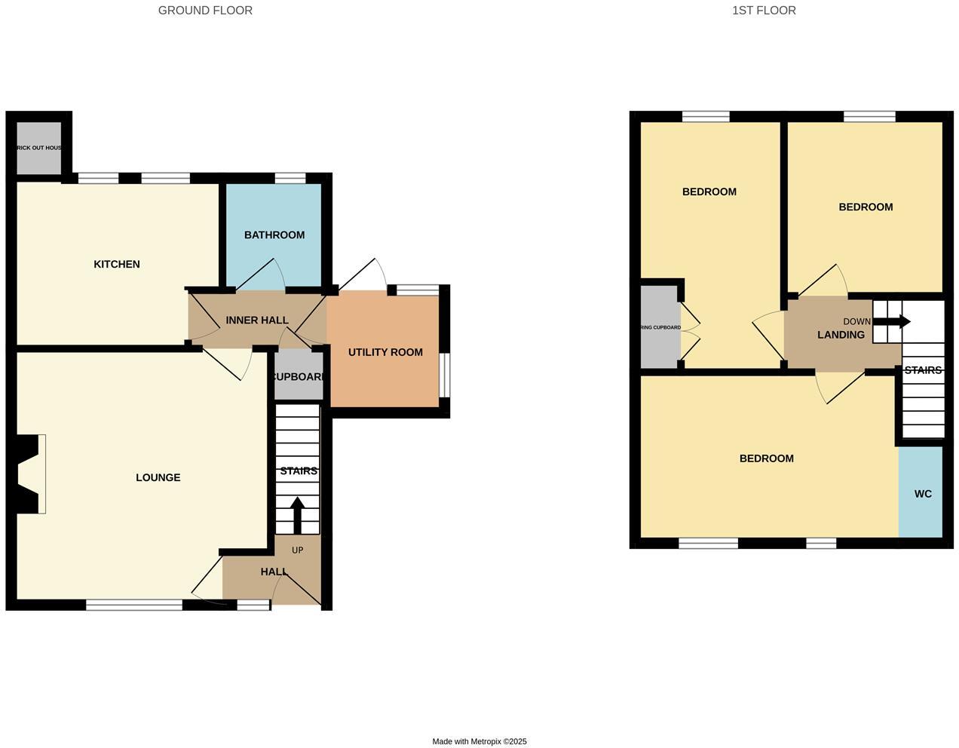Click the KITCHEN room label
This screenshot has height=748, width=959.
(x=117, y=265)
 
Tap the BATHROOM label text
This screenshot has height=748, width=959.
(x=274, y=235)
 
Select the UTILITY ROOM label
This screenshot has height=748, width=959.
(x=385, y=352)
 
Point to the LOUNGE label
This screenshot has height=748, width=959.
(x=158, y=477)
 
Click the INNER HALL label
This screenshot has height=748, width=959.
(x=257, y=320)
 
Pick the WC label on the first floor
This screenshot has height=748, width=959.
(x=923, y=494)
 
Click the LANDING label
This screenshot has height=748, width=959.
(x=841, y=335)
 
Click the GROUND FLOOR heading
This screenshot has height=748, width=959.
(x=205, y=11)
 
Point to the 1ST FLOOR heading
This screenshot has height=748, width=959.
(x=764, y=11)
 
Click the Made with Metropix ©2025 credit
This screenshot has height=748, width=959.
(x=479, y=741)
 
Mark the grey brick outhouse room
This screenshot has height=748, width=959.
(x=39, y=149)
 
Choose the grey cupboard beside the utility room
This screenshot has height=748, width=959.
(x=299, y=376)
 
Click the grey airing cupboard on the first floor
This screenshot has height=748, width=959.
(x=660, y=327)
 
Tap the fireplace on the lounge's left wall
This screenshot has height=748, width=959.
(x=30, y=474)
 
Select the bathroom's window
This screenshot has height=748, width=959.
(x=290, y=178)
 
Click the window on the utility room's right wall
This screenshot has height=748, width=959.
(x=444, y=375)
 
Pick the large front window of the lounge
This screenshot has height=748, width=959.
(x=134, y=604)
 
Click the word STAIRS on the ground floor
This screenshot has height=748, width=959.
(x=299, y=471)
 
